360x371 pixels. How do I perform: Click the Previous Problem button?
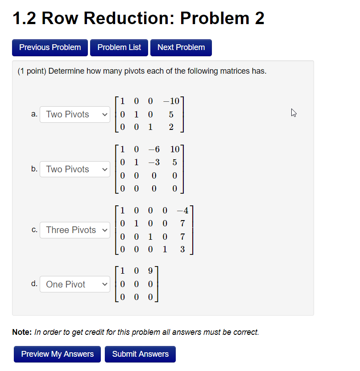coord(50,47)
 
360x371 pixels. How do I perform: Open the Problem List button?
coord(119,47)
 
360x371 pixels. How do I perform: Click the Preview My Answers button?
coord(58,354)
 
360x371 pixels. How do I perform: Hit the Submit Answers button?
coord(140,354)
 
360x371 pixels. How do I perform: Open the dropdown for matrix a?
coord(74,114)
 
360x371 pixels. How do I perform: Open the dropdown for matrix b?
coord(74,169)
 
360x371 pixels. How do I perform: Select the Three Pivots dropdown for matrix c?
coord(74,230)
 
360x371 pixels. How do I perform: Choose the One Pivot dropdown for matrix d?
coord(74,284)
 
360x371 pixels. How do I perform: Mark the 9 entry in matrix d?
coord(150,270)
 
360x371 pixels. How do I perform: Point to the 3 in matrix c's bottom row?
coord(182,249)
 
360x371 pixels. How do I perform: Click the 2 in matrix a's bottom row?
coord(171,127)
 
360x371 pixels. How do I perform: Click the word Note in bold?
coord(21,332)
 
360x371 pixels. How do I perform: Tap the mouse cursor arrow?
coord(294,113)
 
